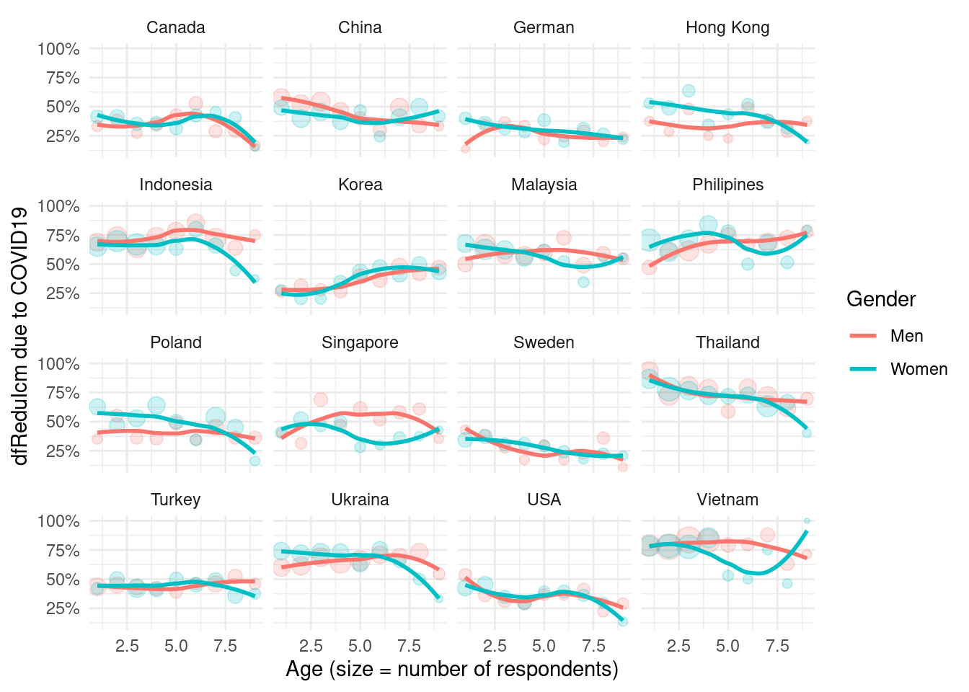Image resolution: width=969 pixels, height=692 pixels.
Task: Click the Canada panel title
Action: click(x=176, y=28)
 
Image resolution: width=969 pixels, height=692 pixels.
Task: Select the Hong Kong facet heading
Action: click(x=727, y=28)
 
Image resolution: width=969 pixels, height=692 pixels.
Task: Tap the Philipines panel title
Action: click(x=727, y=185)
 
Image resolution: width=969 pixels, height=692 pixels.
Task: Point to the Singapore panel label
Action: click(x=360, y=342)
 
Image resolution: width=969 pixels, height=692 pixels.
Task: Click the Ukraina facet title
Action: click(x=360, y=500)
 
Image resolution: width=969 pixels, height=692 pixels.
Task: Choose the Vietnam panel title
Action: click(x=727, y=500)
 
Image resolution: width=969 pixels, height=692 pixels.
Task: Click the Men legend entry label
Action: click(x=906, y=336)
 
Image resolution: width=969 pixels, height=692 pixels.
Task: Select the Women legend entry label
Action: click(x=919, y=369)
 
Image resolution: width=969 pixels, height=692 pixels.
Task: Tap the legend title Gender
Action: click(x=881, y=299)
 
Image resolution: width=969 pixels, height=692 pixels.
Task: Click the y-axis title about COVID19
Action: click(x=19, y=336)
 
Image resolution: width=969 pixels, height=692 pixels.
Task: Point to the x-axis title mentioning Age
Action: click(x=452, y=670)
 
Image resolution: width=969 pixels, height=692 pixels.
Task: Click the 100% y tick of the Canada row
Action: click(x=58, y=49)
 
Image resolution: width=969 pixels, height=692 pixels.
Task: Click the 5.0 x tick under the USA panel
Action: click(x=544, y=645)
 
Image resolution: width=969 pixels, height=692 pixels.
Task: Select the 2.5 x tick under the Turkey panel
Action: click(x=127, y=645)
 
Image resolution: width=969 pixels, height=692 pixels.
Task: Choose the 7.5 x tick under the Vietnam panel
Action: click(x=777, y=645)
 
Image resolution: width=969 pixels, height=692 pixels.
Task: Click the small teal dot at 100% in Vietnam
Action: click(x=807, y=520)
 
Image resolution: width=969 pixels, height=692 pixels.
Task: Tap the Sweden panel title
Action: click(x=544, y=342)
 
